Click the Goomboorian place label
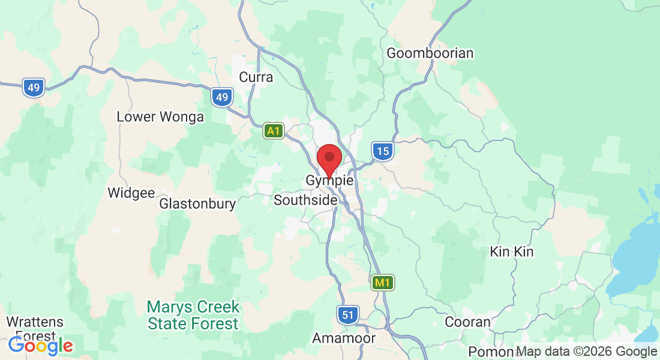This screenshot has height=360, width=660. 430,53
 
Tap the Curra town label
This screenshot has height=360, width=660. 256,77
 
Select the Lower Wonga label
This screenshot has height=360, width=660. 160,116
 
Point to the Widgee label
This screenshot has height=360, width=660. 131,193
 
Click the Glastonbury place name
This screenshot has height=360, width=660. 197,204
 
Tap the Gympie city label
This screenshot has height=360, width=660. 329,180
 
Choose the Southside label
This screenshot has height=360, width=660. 305,200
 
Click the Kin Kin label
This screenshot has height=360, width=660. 511,251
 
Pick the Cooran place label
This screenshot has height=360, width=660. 467,322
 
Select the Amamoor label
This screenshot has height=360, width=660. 344,338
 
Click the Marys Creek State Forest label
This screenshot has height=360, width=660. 193,316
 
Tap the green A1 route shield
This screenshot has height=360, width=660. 274,131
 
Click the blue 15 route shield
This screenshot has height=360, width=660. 382,151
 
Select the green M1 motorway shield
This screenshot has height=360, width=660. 382,282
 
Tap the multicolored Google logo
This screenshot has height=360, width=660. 40,346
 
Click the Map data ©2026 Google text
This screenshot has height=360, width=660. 586,352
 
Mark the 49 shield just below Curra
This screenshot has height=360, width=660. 221,97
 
